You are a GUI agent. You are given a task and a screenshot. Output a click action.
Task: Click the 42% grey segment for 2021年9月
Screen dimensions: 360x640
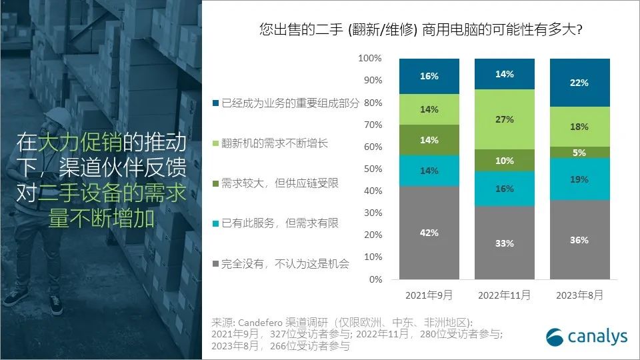tap(429, 233)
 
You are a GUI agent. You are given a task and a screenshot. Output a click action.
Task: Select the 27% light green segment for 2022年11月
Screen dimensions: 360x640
tap(504, 119)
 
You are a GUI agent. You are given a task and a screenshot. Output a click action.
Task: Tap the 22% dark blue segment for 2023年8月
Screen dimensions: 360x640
tap(579, 83)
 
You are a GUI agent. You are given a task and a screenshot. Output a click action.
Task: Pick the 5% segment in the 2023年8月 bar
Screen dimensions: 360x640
tap(579, 152)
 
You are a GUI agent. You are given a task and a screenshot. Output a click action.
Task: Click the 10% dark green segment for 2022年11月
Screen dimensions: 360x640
tap(504, 160)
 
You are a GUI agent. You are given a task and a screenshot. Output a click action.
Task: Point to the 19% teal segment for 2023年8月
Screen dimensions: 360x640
tap(579, 179)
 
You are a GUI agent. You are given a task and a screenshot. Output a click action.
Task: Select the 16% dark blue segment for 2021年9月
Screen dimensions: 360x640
tap(429, 76)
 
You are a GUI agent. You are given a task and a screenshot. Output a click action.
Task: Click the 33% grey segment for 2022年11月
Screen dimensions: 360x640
tap(504, 243)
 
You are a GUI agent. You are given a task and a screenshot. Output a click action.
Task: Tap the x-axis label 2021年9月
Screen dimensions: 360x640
tap(429, 295)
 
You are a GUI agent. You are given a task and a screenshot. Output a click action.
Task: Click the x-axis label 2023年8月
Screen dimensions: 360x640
tap(579, 295)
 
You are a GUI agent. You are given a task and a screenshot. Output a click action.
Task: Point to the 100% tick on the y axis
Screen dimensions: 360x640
tap(370, 59)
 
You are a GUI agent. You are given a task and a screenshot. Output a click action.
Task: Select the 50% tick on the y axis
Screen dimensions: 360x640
tap(372, 169)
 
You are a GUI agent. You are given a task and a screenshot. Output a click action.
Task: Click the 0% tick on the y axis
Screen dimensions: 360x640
tap(375, 279)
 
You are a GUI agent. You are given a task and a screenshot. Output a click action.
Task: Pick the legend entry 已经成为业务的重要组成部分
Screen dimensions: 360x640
tap(287, 103)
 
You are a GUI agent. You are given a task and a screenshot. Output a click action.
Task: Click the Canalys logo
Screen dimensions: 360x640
tap(587, 337)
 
